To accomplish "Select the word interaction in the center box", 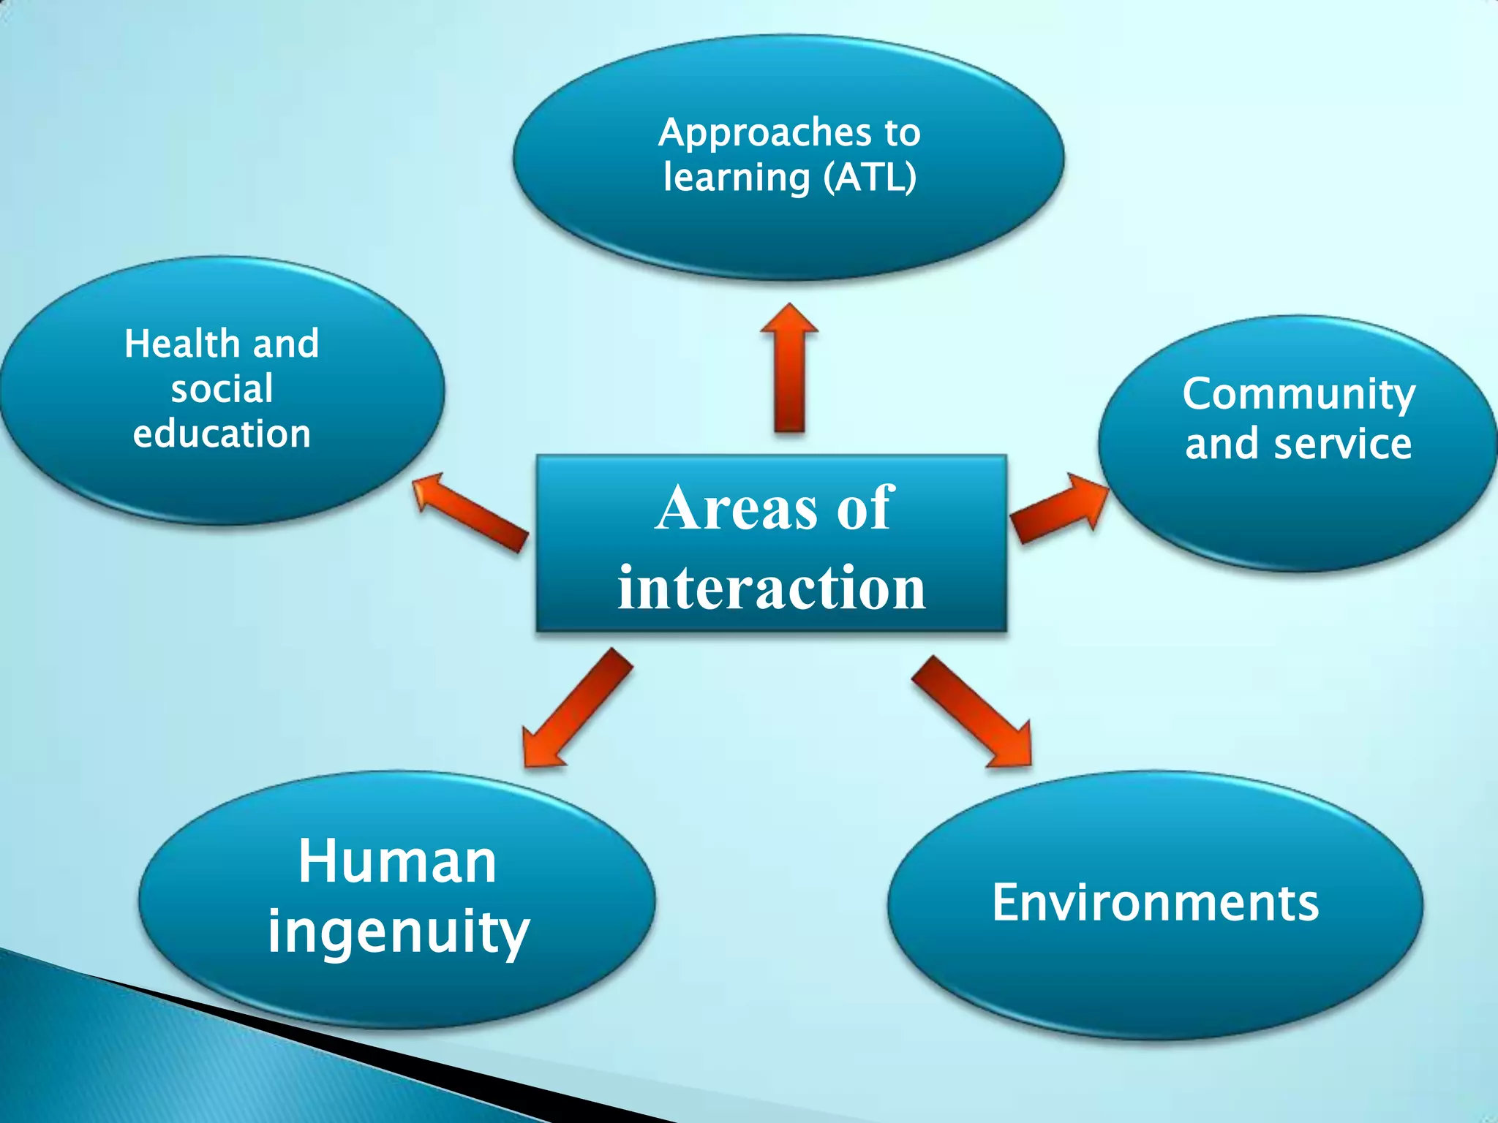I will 772,588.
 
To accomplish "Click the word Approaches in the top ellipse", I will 765,134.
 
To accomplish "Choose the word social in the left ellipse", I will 222,389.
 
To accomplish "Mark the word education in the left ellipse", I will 222,434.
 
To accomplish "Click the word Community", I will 1299,396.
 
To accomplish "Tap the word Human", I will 397,862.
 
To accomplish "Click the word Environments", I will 1155,903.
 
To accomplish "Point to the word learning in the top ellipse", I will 737,178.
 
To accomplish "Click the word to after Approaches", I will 902,134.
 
